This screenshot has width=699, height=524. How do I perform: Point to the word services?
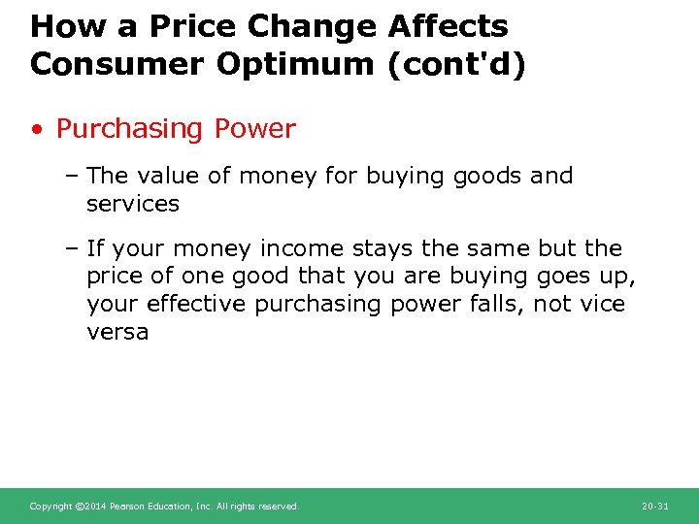(133, 204)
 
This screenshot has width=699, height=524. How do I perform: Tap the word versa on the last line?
(117, 332)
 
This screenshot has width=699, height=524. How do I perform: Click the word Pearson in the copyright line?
(128, 507)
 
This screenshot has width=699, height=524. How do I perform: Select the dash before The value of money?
(73, 176)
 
